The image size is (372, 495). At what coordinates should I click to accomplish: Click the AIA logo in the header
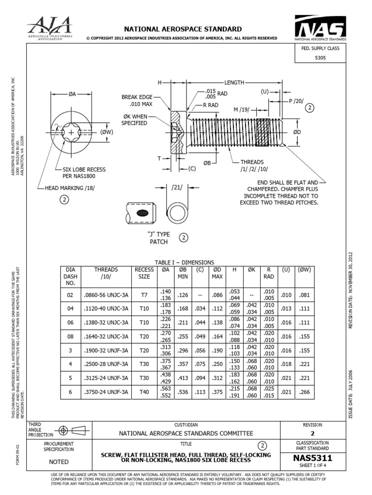pos(50,29)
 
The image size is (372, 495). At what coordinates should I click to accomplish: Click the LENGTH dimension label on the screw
pos(234,83)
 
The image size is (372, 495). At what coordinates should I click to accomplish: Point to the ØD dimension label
pos(297,132)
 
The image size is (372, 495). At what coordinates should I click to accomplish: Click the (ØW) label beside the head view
pos(107,132)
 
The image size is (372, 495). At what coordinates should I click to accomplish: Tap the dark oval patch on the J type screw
pos(143,213)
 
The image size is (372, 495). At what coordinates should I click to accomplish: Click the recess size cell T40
pos(144,392)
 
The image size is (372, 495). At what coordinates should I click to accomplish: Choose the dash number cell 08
pos(70,336)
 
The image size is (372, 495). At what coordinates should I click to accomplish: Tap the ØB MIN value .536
pos(183,392)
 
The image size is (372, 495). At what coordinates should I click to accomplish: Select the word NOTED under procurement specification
pos(59,462)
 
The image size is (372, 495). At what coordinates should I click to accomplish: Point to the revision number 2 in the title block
pos(312,434)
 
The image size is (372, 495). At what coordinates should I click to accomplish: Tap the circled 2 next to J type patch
pos(184,237)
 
